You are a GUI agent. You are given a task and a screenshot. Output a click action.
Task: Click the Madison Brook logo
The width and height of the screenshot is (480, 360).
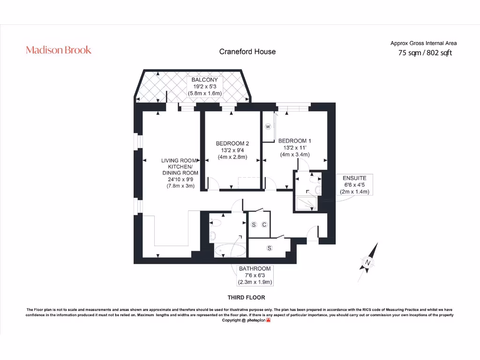pos(59,50)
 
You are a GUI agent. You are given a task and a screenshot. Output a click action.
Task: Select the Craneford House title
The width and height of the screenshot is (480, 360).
pos(247,52)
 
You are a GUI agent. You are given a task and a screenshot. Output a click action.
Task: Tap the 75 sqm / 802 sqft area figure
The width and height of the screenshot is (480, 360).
pos(425,53)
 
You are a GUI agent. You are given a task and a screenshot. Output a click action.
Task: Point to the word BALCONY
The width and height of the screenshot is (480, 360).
pos(204,80)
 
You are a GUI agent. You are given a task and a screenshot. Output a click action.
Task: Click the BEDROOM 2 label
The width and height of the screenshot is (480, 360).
pos(232,143)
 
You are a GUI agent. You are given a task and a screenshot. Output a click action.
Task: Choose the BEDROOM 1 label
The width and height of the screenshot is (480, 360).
pos(294,141)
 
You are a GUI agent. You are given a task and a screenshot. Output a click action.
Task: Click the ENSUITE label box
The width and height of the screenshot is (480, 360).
pos(354,185)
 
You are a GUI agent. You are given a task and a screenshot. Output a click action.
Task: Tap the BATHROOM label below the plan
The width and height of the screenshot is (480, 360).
pos(255,275)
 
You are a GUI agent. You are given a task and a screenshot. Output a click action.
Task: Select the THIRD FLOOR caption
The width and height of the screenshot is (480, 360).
pos(246,297)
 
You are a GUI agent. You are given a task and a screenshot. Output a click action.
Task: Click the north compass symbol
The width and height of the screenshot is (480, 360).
pos(369,262)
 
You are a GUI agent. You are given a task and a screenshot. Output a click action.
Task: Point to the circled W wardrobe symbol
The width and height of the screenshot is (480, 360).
pos(268,127)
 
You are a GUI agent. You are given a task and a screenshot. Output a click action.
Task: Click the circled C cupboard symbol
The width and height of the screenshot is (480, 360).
pos(264,225)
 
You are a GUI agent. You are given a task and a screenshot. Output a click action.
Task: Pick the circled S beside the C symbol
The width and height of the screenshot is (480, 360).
pos(254,225)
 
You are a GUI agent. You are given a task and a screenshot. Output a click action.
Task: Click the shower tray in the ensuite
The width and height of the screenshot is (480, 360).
pos(307,203)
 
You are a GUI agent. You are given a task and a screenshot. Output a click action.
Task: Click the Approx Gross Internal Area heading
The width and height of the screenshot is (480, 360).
pos(423,43)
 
